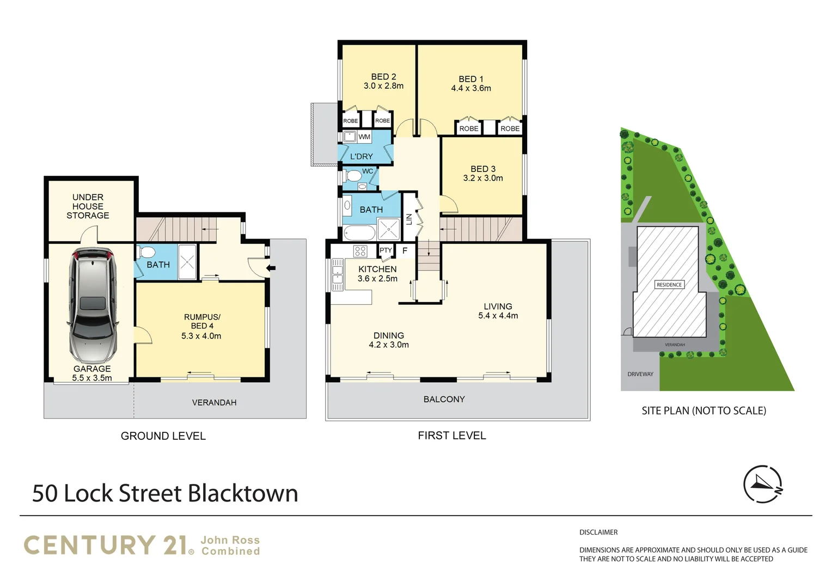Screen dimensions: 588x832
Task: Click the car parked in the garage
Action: pos(93,306)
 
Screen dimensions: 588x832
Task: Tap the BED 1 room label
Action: pos(470,79)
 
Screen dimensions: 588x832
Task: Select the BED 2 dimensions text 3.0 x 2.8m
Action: pos(383,86)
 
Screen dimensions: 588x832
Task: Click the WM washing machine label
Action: pos(364,137)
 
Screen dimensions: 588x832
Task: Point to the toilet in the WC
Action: pos(353,175)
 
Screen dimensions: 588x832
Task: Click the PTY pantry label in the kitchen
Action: pos(386,250)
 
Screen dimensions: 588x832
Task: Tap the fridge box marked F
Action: pos(405,250)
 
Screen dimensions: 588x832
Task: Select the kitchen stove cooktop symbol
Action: pos(360,251)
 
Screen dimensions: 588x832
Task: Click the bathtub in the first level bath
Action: pos(359,233)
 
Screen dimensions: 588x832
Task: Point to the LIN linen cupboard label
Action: pos(409,219)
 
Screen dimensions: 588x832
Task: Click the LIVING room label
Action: pos(498,307)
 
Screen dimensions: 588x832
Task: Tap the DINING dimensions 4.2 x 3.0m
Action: pos(389,345)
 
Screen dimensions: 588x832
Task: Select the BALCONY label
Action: pos(444,399)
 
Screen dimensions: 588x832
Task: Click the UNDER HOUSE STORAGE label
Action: pos(88,206)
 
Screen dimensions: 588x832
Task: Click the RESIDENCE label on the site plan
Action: pos(669,285)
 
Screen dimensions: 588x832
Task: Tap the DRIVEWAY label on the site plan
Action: pos(640,374)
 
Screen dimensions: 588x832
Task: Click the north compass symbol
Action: pos(762,484)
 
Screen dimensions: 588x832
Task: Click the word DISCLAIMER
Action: pos(598,532)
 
